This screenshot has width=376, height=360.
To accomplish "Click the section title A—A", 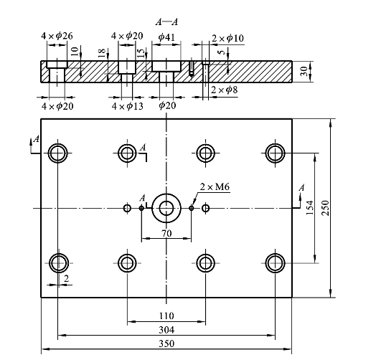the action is coord(166,22).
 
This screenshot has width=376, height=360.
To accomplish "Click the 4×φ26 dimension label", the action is coord(57,36).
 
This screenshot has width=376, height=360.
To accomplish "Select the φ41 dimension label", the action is coord(166,37).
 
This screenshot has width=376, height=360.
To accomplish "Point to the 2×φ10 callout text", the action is coord(227,38).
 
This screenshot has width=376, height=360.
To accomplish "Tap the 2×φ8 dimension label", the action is coord(225,90).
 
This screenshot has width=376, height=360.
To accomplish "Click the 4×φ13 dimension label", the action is coord(127,106).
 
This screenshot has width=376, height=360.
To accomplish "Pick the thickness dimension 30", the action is coord(304,71).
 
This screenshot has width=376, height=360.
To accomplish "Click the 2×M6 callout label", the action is coord(215,186).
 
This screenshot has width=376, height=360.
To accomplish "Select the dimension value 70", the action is coord(166,233).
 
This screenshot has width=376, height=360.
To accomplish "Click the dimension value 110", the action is coord(166,316).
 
